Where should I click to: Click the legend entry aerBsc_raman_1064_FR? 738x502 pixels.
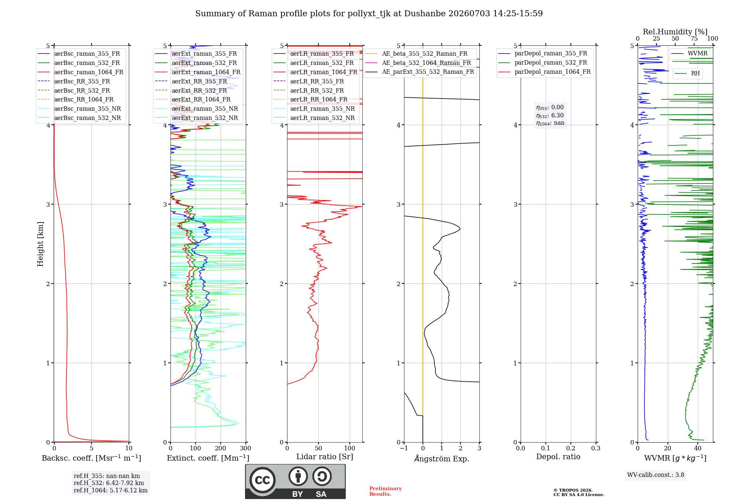click(x=80, y=72)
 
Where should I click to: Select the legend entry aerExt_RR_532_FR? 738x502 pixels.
click(x=191, y=90)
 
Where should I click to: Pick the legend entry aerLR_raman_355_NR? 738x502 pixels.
click(x=314, y=109)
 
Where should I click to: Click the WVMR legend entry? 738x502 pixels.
click(x=690, y=54)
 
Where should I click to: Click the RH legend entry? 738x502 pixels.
click(x=687, y=73)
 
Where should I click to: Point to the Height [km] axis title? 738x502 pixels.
click(x=40, y=244)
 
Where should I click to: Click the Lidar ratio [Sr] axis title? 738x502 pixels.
click(x=325, y=457)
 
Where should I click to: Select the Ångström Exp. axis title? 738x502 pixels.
click(x=442, y=458)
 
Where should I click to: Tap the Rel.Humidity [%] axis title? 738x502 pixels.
click(x=675, y=32)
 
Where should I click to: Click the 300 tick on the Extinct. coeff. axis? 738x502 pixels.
click(x=246, y=448)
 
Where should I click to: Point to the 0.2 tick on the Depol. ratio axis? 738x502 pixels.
click(x=571, y=448)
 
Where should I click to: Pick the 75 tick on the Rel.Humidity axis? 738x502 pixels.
click(x=694, y=39)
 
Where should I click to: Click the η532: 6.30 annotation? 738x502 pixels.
click(x=550, y=116)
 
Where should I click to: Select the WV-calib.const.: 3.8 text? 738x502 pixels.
click(x=656, y=475)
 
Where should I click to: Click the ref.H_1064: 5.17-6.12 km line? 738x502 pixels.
click(x=111, y=491)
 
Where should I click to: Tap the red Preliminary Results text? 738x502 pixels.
click(x=386, y=491)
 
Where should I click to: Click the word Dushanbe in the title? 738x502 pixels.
click(x=425, y=14)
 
